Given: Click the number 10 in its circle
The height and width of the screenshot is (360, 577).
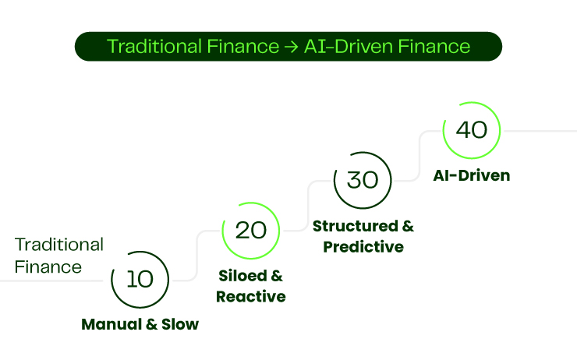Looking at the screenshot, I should [x=140, y=279].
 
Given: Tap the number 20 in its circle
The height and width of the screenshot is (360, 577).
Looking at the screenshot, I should [x=250, y=230].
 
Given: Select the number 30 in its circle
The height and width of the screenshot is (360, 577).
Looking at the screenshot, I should [x=361, y=179].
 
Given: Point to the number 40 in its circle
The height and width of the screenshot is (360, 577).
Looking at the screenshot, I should [x=471, y=129].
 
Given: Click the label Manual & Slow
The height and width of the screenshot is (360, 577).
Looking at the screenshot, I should [x=140, y=324].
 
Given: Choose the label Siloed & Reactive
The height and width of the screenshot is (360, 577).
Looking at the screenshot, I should [x=250, y=286].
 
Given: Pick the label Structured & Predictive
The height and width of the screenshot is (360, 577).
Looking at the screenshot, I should [x=363, y=236].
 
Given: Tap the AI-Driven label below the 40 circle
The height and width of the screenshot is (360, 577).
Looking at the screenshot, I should [x=471, y=175].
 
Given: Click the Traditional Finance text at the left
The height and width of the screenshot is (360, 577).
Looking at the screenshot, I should [x=58, y=255].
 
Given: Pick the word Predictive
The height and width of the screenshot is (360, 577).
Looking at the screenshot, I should [x=363, y=247].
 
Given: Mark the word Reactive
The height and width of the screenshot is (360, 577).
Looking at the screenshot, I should [x=250, y=297].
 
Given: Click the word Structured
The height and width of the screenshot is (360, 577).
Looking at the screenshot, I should [x=356, y=226].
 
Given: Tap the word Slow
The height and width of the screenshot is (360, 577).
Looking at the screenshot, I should [x=180, y=324].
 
